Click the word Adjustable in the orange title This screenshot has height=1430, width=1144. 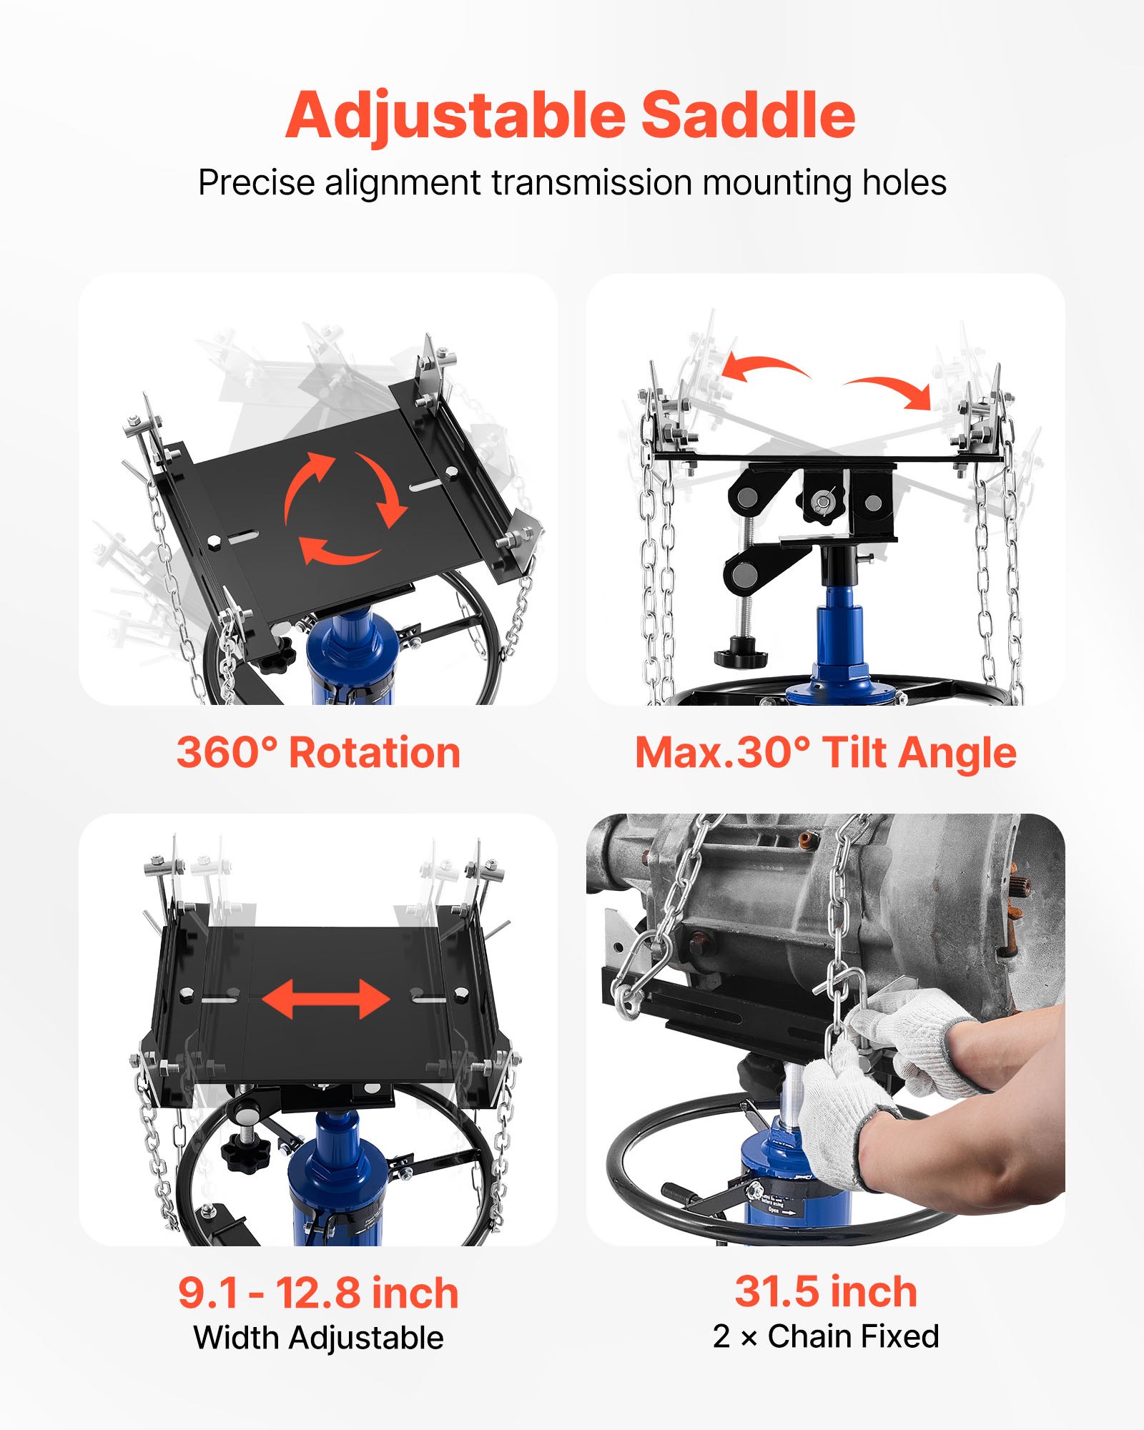click(455, 116)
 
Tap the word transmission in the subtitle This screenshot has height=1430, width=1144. click(591, 182)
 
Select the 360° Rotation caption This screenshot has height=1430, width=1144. click(318, 753)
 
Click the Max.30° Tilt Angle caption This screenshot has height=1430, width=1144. click(825, 753)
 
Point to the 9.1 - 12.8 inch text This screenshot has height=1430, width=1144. click(318, 1293)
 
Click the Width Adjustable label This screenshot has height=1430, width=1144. click(318, 1338)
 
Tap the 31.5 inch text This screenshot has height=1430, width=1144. click(825, 1291)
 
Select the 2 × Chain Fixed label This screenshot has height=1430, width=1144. click(825, 1336)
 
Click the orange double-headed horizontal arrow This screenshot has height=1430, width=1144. click(325, 999)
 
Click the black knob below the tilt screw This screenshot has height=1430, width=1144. click(741, 656)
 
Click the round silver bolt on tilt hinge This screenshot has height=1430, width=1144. click(824, 500)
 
